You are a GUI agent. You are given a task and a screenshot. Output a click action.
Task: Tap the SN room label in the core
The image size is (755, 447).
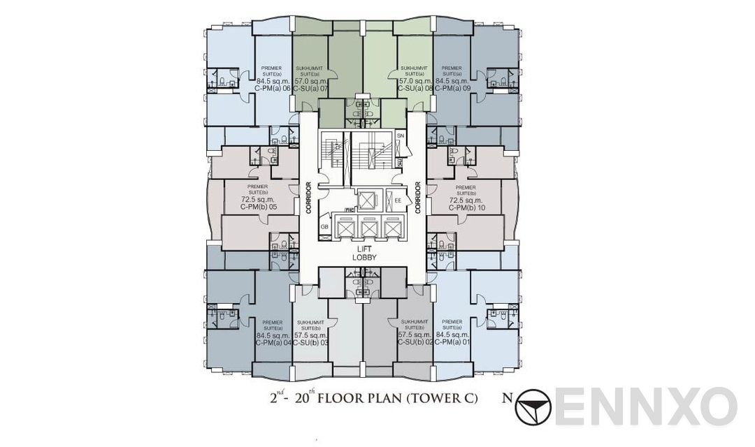click(401, 135)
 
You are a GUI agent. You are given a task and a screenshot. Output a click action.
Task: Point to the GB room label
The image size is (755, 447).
click(324, 227)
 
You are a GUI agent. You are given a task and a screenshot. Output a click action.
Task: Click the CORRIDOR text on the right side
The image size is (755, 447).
click(418, 198)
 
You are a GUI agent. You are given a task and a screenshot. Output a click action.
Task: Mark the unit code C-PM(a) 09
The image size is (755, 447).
click(452, 89)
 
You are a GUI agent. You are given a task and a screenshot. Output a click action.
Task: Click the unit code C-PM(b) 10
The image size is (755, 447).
click(465, 207)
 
